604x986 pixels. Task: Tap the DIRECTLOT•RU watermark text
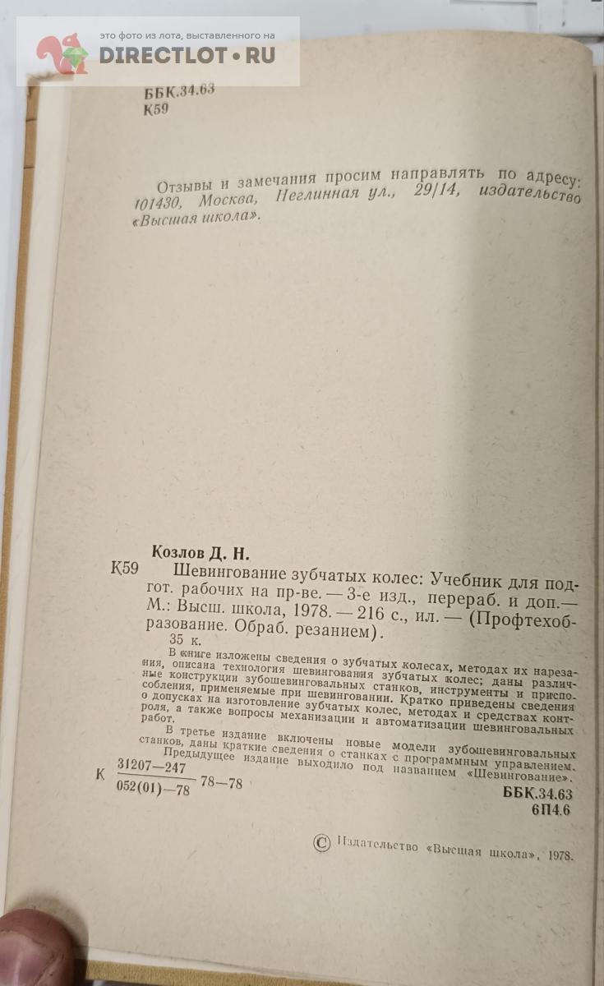tap(187, 56)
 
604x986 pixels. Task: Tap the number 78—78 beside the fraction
tap(221, 783)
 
